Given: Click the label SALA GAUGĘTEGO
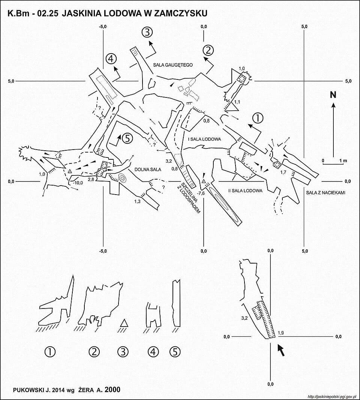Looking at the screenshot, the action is coord(173,65).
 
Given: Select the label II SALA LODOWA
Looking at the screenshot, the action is coord(245,190).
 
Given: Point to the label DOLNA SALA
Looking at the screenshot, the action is coord(148,169).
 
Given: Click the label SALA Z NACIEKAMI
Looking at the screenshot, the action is coord(325,193).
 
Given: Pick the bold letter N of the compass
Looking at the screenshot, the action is coord(333,95).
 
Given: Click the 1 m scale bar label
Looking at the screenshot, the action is coord(343,161).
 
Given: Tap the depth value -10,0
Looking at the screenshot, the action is coord(78,183).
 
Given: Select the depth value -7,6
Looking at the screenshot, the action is coord(201,193).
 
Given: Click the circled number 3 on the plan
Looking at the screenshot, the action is coord(147,32).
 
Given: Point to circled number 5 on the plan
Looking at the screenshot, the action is coord(127,138).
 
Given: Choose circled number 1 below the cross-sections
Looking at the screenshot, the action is coord(50,352).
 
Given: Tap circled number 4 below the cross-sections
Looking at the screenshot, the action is coord(153,352).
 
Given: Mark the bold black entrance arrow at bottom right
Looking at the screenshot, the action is coord(280,349).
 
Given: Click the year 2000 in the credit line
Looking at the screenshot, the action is coord(112,390).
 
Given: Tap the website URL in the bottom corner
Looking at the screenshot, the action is coord(331,397).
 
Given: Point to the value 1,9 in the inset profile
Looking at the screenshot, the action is coord(280,333).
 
